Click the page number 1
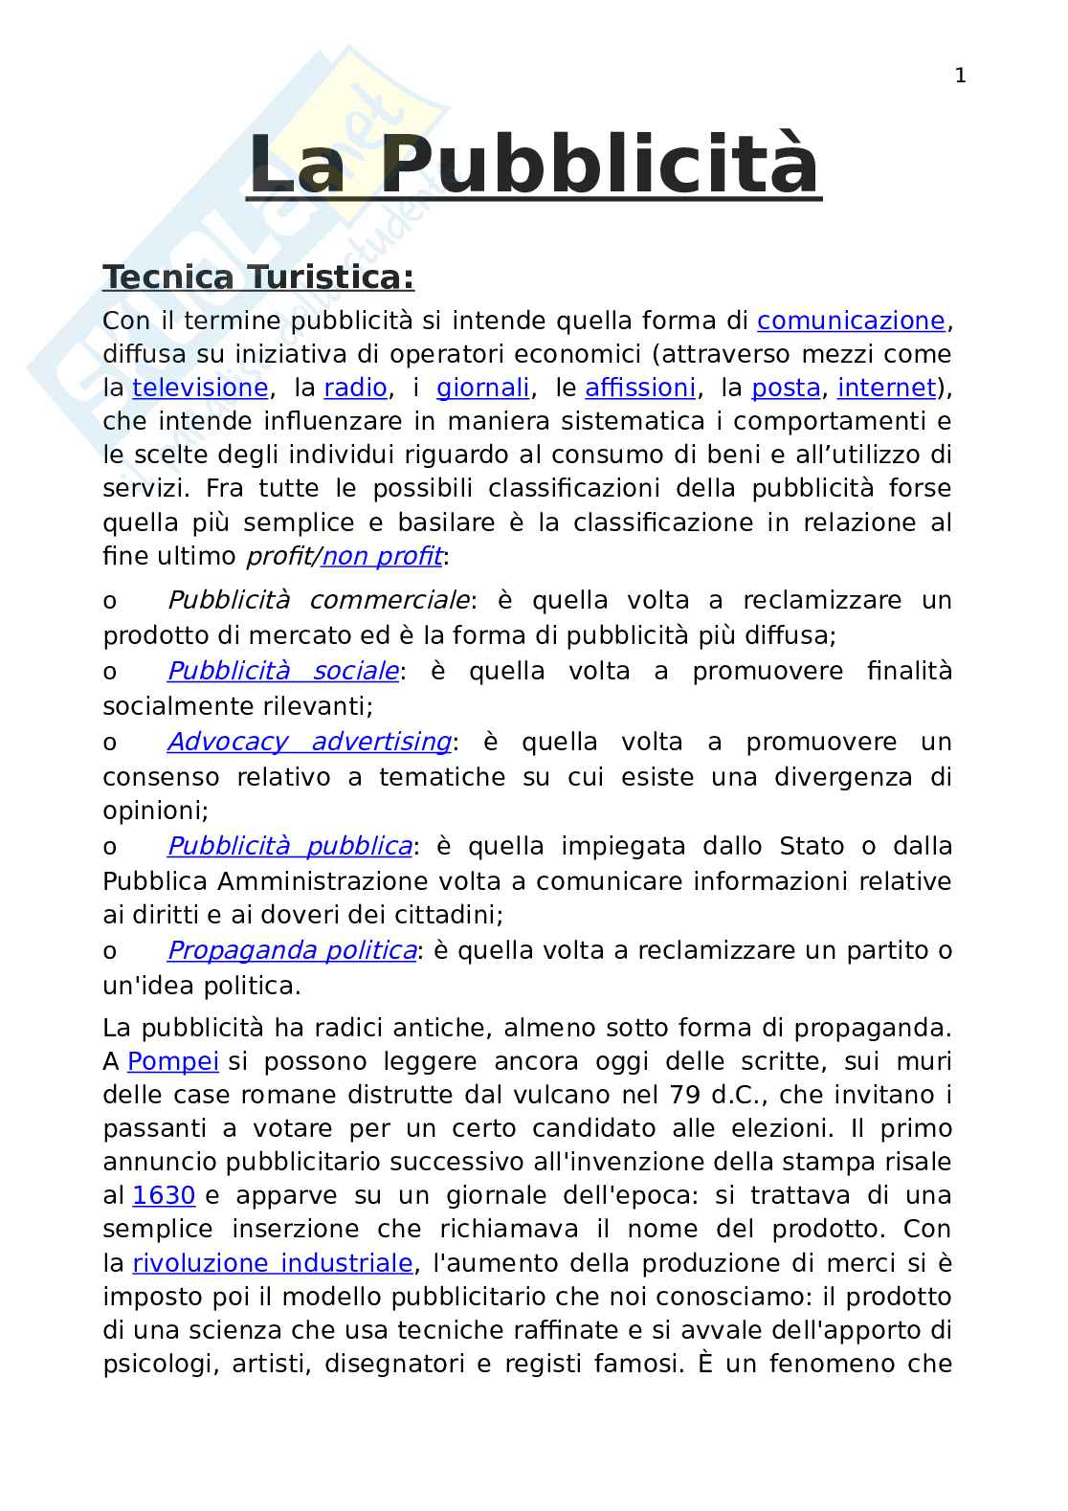[x=960, y=77]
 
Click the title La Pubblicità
[x=533, y=165]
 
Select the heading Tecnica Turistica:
[x=258, y=277]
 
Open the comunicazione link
[x=851, y=321]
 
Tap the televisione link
[x=200, y=388]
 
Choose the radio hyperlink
[x=355, y=388]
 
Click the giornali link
[x=482, y=388]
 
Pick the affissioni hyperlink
[x=639, y=388]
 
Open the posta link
[x=786, y=388]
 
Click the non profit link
[x=382, y=555]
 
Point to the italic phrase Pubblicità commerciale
[x=319, y=600]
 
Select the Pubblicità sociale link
[x=283, y=671]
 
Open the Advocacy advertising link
[x=309, y=742]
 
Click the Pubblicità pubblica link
[x=290, y=846]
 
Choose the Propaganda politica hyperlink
[x=292, y=950]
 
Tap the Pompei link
[x=173, y=1061]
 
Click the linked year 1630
[x=164, y=1195]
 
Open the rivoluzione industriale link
[x=273, y=1263]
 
